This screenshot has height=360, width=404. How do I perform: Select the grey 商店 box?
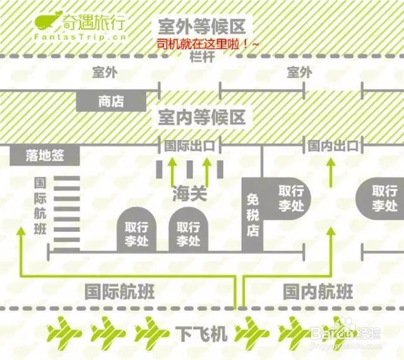click(x=111, y=102)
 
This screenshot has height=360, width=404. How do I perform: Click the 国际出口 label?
click(x=189, y=146)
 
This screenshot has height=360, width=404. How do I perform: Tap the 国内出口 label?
click(x=333, y=146)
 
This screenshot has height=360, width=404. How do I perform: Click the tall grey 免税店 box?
click(x=252, y=214)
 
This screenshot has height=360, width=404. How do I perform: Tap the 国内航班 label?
click(x=318, y=292)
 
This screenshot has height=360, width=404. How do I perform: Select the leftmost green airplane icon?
click(x=66, y=330)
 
